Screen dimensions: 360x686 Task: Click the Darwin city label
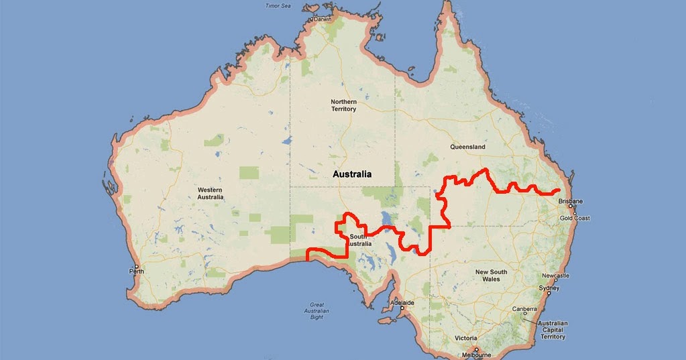(x=324, y=20)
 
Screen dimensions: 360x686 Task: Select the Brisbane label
(x=571, y=202)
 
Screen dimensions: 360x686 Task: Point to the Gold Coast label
(x=575, y=219)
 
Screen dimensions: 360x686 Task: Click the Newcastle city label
(x=557, y=276)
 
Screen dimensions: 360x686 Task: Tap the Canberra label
(x=525, y=309)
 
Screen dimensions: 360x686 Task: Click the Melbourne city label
(x=477, y=355)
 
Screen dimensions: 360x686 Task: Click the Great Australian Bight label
(x=318, y=311)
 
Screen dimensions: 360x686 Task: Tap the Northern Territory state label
(x=343, y=105)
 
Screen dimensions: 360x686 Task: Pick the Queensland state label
(x=468, y=147)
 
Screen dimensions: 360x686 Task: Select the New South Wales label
(x=491, y=275)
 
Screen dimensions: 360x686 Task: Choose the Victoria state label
(x=465, y=338)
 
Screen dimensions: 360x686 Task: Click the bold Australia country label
(x=352, y=174)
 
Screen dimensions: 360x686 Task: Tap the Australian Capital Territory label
(x=551, y=330)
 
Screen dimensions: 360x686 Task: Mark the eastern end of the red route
(x=559, y=191)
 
